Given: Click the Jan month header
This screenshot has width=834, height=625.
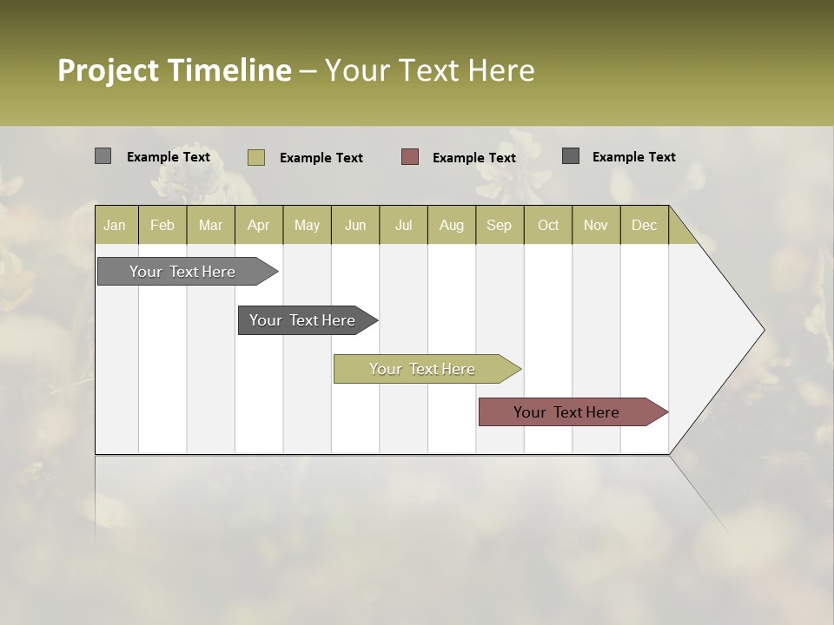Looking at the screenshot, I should (115, 225).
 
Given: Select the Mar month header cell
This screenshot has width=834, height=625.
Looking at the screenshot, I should (210, 225).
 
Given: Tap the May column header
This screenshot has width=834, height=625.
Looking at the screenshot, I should (307, 225).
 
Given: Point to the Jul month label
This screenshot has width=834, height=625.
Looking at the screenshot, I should (403, 225).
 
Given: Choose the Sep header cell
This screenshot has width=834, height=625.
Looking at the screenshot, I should (499, 225).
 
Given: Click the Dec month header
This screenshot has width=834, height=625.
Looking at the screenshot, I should (644, 225).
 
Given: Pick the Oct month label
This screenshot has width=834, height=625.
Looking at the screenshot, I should (548, 225).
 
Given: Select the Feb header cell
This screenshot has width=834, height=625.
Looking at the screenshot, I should (162, 225).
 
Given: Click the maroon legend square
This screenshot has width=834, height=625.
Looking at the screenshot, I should (410, 156).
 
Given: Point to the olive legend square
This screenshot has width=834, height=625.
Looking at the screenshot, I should (255, 157).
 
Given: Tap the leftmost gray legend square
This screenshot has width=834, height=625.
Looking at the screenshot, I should (103, 156).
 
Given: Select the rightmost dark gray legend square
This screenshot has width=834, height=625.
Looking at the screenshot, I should (571, 156).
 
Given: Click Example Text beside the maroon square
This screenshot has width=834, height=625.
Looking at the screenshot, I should (473, 157).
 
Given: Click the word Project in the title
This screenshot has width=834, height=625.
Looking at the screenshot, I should (109, 70).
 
